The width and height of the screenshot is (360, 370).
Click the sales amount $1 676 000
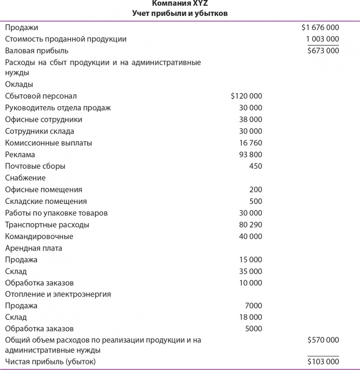(x=320, y=27)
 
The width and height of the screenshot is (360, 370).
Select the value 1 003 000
(x=322, y=39)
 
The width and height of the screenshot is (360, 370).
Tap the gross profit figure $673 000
(x=323, y=51)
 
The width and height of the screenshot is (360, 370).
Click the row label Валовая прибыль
(x=36, y=51)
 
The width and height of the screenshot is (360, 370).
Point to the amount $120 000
(x=246, y=96)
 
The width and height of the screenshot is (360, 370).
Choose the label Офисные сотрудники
(x=44, y=120)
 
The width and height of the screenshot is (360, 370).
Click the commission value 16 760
(x=250, y=143)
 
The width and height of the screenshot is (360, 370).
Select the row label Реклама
(x=20, y=155)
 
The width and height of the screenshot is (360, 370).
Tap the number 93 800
(x=250, y=155)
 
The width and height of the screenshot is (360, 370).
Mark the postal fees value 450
(x=256, y=166)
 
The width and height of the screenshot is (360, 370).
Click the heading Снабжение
(x=25, y=178)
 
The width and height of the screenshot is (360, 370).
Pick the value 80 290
(x=250, y=225)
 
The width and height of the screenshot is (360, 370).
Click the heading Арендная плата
(x=33, y=249)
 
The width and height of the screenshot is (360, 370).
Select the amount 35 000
(x=250, y=271)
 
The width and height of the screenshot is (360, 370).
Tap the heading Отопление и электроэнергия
(x=58, y=294)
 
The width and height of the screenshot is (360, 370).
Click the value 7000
(x=253, y=306)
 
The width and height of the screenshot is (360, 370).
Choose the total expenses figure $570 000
(x=323, y=340)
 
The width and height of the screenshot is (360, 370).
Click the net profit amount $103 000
(x=323, y=362)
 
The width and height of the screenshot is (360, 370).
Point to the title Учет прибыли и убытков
(x=180, y=13)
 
